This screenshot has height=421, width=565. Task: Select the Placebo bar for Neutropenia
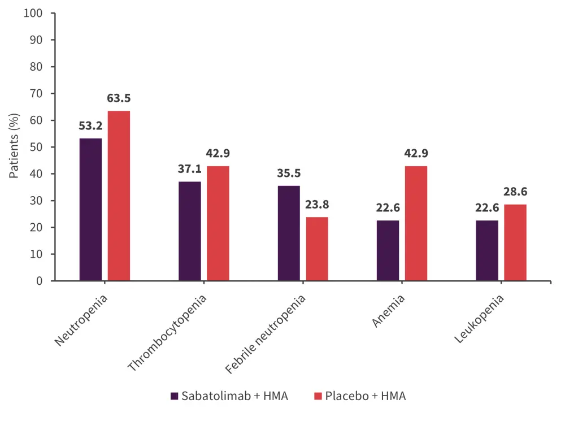tap(119, 196)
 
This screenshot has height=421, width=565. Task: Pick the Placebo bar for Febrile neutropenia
tap(317, 249)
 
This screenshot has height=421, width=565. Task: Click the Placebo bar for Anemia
tap(416, 223)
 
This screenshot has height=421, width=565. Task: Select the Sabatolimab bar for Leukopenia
tap(487, 250)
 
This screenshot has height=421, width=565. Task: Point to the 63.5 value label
tap(119, 98)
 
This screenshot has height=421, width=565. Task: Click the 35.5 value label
tap(288, 173)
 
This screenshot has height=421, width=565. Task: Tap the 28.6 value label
tap(515, 192)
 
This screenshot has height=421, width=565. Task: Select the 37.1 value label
tap(190, 169)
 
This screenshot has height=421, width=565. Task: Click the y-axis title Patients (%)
tap(15, 146)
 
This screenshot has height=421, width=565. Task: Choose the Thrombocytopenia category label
tap(167, 332)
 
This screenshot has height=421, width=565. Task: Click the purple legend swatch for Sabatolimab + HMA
tap(175, 396)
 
